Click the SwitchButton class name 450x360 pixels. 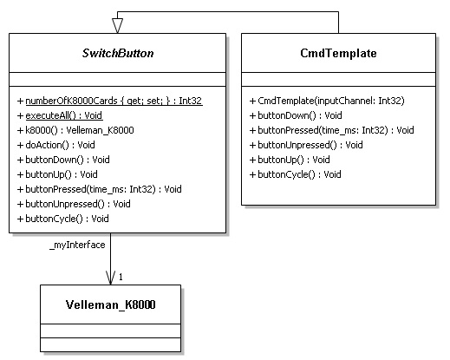click(x=118, y=53)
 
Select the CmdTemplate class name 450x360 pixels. click(x=338, y=53)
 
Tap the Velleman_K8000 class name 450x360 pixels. click(x=111, y=304)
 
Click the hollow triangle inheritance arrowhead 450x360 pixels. click(x=117, y=26)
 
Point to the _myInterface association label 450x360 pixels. click(x=77, y=245)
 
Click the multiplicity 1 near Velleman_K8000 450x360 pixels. click(x=121, y=277)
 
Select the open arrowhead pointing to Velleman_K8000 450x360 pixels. click(x=110, y=278)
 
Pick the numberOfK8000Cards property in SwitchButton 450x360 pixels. click(x=110, y=101)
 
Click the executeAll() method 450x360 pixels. click(x=60, y=115)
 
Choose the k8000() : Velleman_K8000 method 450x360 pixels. click(x=75, y=130)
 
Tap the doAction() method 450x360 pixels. click(x=56, y=145)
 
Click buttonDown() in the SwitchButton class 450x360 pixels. click(x=63, y=160)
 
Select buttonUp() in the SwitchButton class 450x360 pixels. click(x=57, y=174)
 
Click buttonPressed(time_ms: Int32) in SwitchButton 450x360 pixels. click(x=100, y=189)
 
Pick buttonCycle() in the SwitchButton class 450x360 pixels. click(x=63, y=219)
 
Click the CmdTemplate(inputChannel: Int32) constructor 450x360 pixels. click(x=327, y=101)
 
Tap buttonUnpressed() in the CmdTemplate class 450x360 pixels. click(x=306, y=145)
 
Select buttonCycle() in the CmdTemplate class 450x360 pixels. click(x=295, y=174)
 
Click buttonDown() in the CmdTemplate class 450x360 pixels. click(x=296, y=115)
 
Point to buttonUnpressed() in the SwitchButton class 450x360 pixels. click(x=74, y=204)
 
